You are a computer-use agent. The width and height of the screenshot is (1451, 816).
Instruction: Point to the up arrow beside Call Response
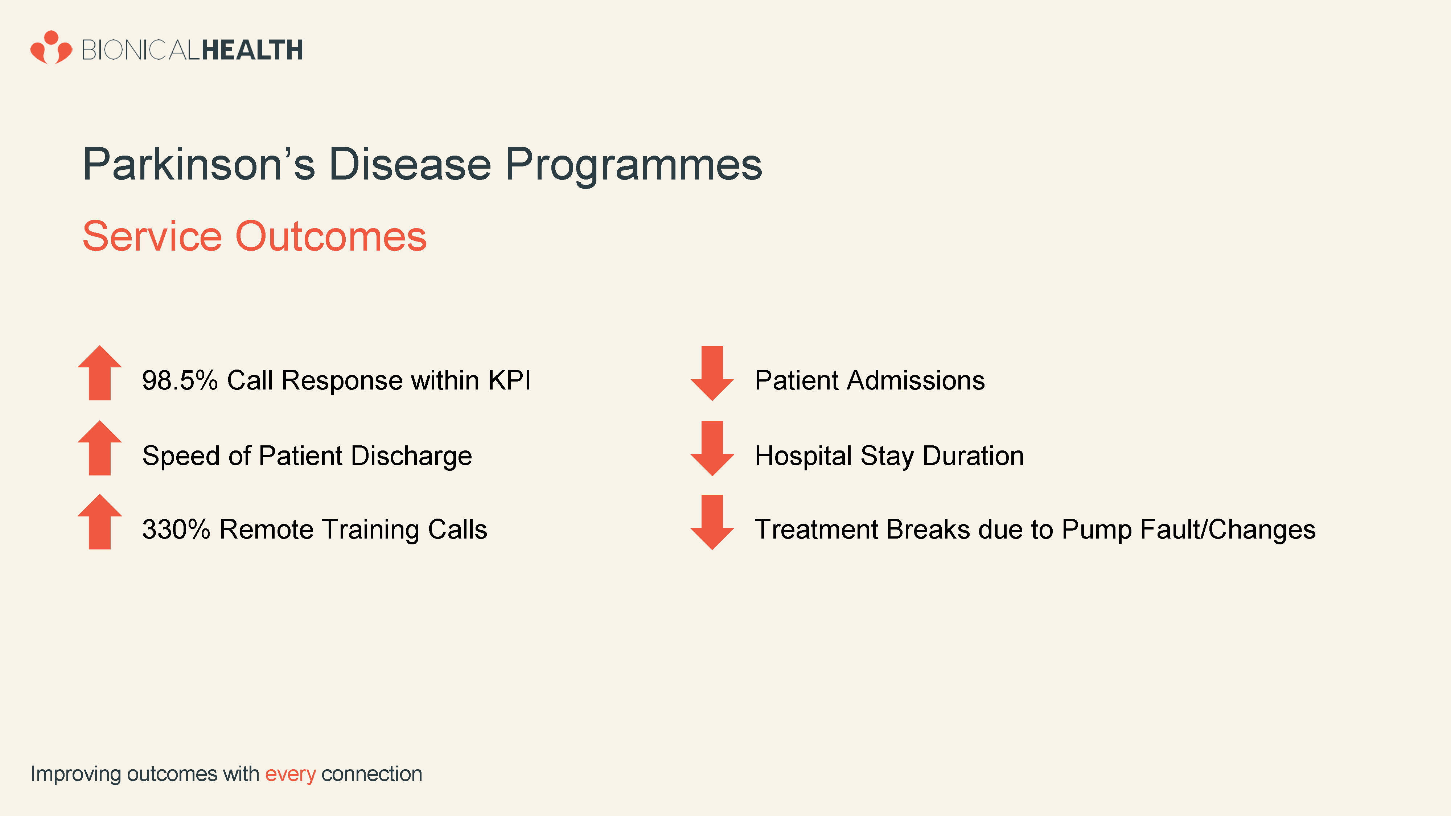[100, 373]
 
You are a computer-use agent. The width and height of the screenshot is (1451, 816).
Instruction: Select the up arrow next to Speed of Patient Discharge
[100, 448]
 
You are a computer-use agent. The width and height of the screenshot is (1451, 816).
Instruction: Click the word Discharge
[412, 456]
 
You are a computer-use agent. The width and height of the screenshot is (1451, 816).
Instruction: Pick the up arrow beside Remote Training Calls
[100, 522]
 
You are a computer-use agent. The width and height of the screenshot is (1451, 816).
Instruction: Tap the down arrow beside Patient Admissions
[712, 374]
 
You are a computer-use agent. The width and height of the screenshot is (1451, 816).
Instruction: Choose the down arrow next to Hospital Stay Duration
[712, 448]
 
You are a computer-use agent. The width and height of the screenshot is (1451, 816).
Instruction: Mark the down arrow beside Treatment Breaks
[712, 522]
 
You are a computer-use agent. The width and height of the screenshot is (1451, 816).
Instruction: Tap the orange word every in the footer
[291, 775]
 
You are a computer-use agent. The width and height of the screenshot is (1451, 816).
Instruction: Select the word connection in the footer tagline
[372, 774]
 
